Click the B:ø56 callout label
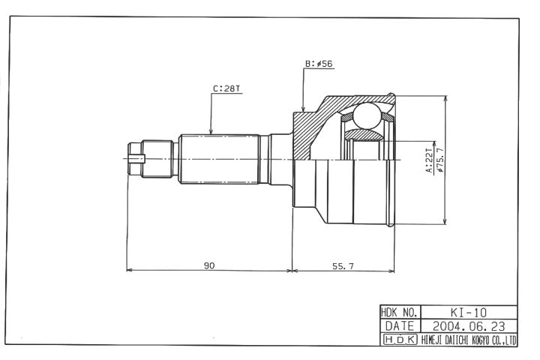[319, 64]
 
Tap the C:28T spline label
[226, 88]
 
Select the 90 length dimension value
[209, 265]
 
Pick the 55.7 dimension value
[343, 266]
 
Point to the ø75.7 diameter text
[439, 160]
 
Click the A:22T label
[429, 160]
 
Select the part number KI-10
[469, 313]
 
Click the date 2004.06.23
[469, 326]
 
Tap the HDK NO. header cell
[400, 313]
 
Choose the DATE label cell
[400, 326]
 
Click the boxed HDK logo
[400, 340]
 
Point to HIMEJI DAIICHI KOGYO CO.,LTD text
[469, 340]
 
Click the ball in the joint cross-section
[367, 115]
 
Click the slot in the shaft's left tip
[136, 159]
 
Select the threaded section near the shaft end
[157, 159]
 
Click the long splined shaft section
[219, 159]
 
